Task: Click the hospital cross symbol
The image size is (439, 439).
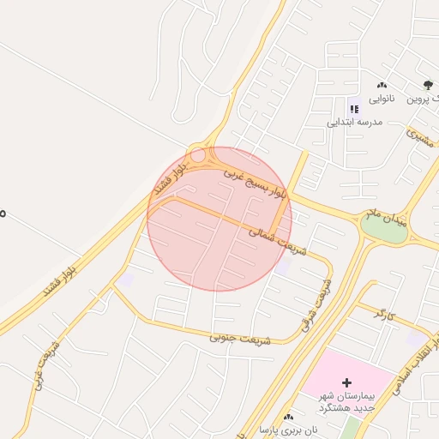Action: (x=346, y=382)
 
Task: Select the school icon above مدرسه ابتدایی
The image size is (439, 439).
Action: (x=352, y=108)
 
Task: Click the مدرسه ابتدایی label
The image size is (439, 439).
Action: (x=352, y=122)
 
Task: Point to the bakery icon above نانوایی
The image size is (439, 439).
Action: (x=382, y=85)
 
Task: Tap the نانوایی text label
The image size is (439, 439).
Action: (x=382, y=98)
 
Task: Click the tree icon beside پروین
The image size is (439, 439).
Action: (x=428, y=85)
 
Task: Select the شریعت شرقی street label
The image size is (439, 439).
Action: (x=315, y=304)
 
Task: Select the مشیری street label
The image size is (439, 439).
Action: (x=422, y=137)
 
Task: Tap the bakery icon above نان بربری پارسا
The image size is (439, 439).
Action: (x=288, y=416)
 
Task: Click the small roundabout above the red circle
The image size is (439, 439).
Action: (x=198, y=156)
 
